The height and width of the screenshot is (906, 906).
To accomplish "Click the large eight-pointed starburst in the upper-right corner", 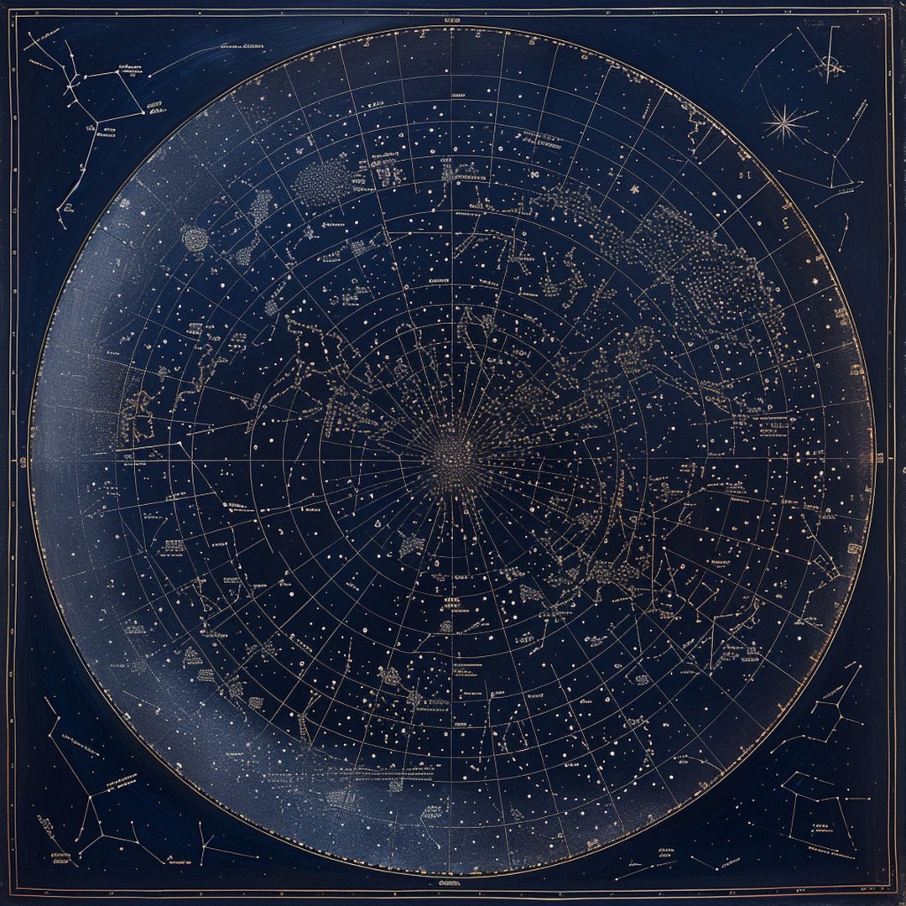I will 785,124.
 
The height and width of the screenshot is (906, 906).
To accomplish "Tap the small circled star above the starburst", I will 830,65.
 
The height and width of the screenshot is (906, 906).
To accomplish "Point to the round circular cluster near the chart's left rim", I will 195,239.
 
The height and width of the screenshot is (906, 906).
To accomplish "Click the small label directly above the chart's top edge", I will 454,18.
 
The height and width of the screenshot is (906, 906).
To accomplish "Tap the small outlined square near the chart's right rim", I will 854,549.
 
